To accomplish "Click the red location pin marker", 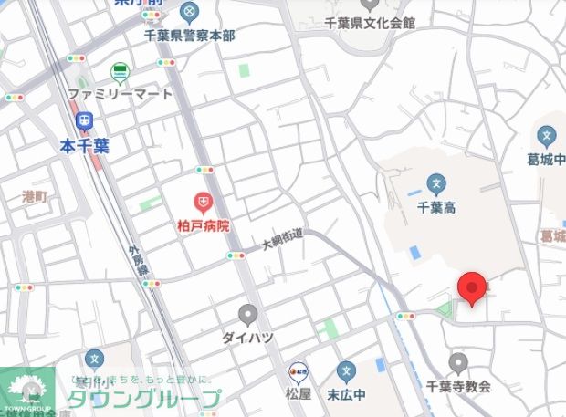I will pos(471,287).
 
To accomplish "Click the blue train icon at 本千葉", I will pos(85,120).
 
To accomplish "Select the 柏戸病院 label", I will pos(203,224).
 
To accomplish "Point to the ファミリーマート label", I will pos(121,92).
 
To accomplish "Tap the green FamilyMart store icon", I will pos(121,72).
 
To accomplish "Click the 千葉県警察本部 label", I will pos(189,35).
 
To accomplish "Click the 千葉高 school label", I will pos(436,207).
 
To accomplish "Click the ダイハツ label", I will pos(247,338).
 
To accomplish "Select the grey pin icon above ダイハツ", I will pos(247,315).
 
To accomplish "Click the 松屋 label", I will pos(299,393).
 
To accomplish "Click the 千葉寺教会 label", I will pos(458,386).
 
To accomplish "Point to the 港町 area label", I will pos(35,196).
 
